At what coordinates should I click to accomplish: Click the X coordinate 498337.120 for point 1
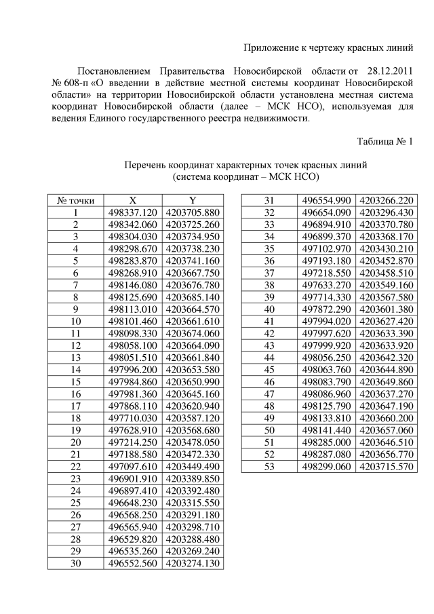[x=133, y=212]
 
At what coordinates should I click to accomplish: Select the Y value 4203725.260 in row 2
[x=193, y=225]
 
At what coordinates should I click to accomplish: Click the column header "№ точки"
[x=76, y=200]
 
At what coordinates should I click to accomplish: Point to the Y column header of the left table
[x=193, y=200]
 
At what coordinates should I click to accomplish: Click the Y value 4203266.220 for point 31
[x=387, y=200]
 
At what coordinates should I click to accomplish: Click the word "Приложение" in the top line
[x=271, y=47]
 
